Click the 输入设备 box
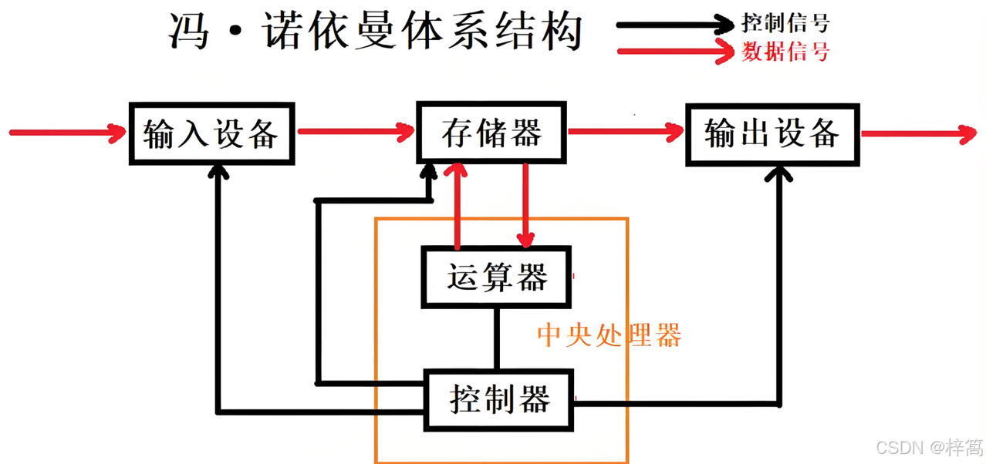[x=211, y=133]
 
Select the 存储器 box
[x=491, y=132]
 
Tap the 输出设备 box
[x=772, y=133]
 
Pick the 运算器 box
[x=496, y=277]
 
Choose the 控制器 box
[x=499, y=400]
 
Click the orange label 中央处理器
[x=609, y=336]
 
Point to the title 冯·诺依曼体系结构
[x=376, y=32]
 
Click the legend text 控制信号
[x=785, y=22]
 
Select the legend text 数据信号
[x=785, y=52]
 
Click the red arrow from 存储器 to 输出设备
[x=626, y=133]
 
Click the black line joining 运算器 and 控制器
[x=497, y=338]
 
